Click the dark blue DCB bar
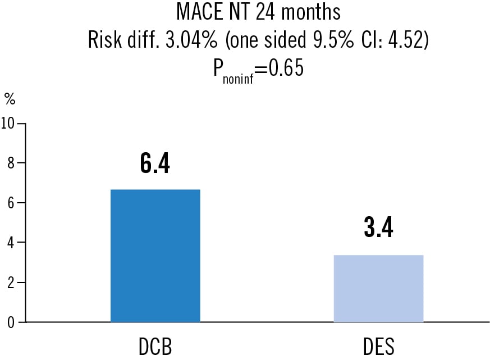(155, 256)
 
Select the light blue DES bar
(378, 288)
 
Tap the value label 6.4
(155, 163)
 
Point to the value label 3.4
(378, 227)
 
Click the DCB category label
(155, 346)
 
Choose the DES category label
(379, 346)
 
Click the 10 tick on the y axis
(7, 123)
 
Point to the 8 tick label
(11, 163)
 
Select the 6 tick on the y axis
(11, 203)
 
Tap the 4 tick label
(11, 243)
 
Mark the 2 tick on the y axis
(11, 282)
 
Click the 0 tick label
(11, 322)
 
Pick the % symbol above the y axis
(10, 99)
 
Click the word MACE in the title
(200, 12)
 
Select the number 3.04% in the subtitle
(191, 40)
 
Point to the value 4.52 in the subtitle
(405, 40)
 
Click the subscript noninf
(238, 79)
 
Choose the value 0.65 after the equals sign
(286, 67)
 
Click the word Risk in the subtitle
(105, 40)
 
